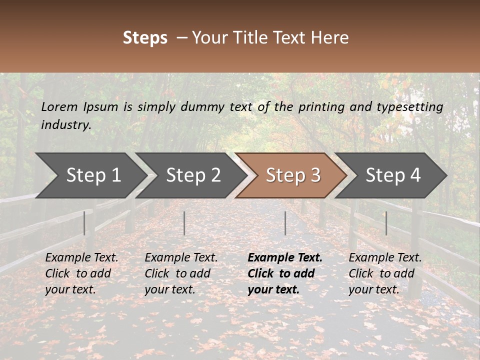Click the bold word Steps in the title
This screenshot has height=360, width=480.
(145, 38)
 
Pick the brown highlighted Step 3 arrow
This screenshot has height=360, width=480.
(293, 175)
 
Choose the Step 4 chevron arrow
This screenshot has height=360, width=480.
(393, 175)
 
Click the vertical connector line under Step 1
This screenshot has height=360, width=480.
(84, 223)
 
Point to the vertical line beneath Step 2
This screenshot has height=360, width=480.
(184, 223)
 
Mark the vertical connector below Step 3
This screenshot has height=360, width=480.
(285, 223)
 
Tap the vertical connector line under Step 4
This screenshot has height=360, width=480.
(386, 223)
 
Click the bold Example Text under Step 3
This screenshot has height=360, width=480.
(285, 258)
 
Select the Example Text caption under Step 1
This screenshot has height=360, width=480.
(81, 258)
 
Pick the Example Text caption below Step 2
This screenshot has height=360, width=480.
(181, 258)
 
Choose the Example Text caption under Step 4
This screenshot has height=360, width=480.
(385, 258)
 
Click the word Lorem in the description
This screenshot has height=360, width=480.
(59, 107)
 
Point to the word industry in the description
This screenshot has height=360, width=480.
(66, 125)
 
